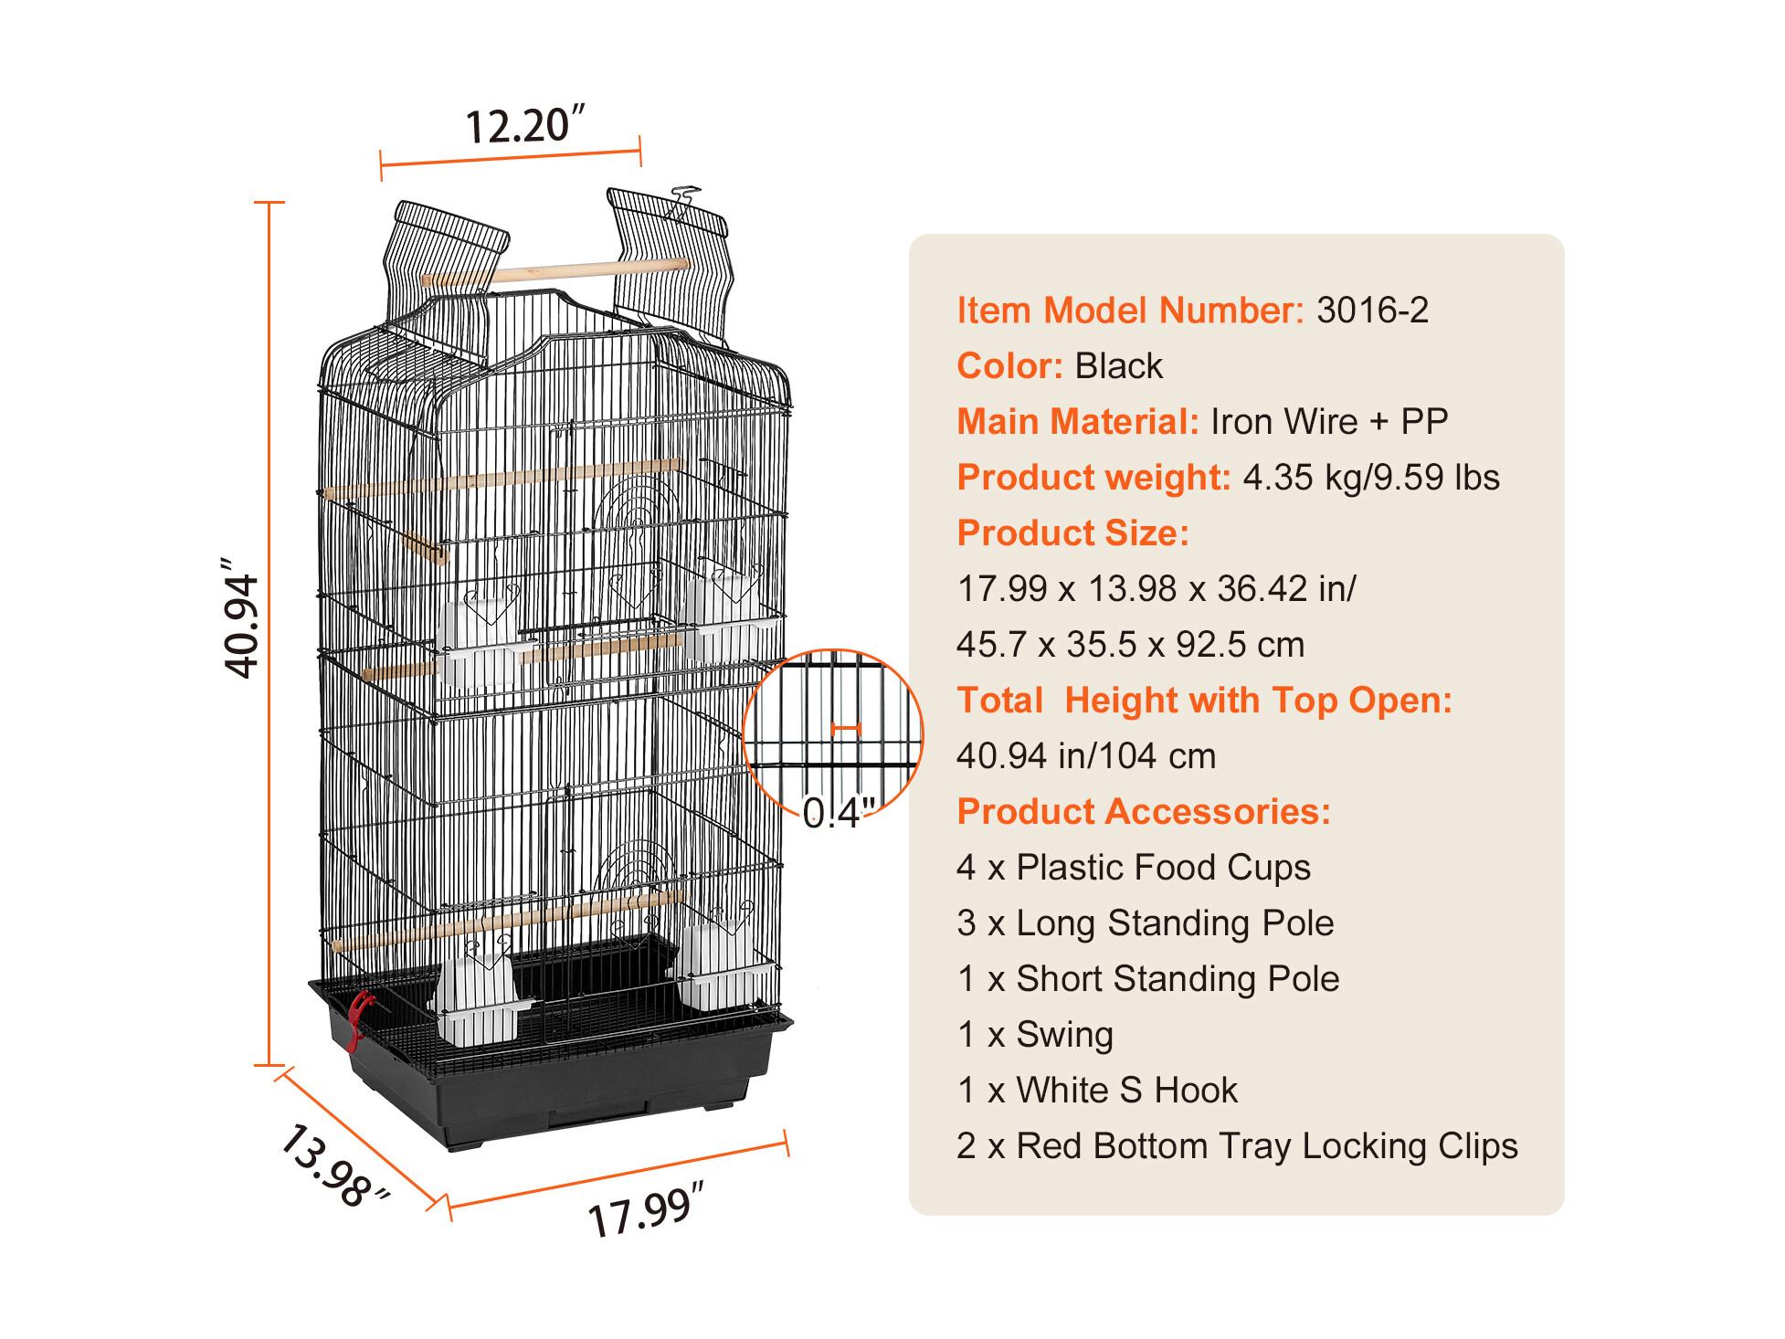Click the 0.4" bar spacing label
(x=839, y=812)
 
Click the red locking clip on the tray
(x=359, y=1017)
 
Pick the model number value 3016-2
(x=1372, y=311)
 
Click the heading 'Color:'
(x=1009, y=366)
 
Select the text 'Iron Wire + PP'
(x=1329, y=421)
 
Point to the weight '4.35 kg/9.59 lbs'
(x=1371, y=478)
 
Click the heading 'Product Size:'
(x=1073, y=533)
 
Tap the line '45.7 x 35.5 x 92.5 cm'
(x=1130, y=645)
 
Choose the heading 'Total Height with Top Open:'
(x=1204, y=701)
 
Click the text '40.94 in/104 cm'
(x=1086, y=756)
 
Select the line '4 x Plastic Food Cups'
(x=1134, y=868)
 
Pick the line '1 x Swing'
(x=1035, y=1035)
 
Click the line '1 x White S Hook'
(x=1097, y=1091)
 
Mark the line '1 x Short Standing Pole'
(x=1148, y=979)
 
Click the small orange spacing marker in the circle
(x=846, y=729)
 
